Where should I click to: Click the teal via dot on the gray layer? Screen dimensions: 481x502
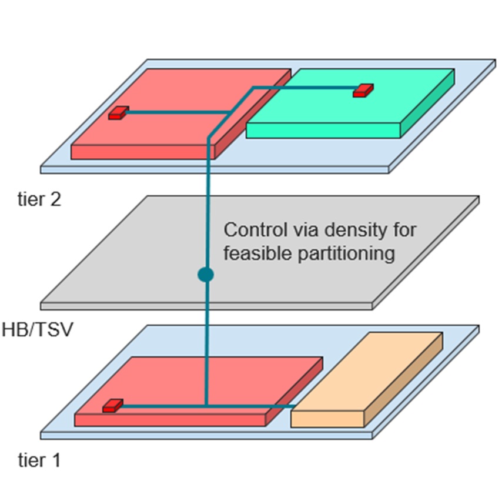(x=205, y=275)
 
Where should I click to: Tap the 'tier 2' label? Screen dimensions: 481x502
(x=39, y=200)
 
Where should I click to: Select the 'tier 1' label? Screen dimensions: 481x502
(x=39, y=460)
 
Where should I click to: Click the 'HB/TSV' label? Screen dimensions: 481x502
(x=38, y=330)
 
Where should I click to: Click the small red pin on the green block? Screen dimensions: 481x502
(x=363, y=90)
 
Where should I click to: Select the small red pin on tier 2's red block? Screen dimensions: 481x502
(x=118, y=113)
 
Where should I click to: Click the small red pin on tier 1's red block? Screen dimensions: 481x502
(x=112, y=405)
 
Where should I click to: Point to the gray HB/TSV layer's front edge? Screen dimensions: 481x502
(x=206, y=306)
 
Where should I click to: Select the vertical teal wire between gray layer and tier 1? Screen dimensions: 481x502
(x=206, y=353)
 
